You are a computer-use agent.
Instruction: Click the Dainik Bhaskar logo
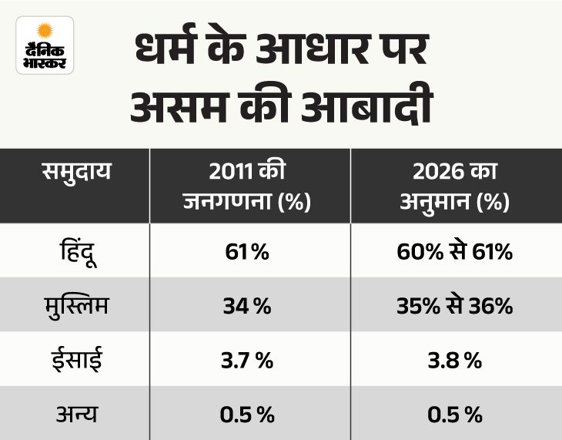click(x=45, y=45)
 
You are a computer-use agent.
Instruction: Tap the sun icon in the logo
click(x=45, y=32)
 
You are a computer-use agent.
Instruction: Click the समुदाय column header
click(x=76, y=170)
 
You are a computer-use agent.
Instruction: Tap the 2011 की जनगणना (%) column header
click(x=246, y=186)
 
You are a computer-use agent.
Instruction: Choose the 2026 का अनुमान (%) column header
click(x=457, y=186)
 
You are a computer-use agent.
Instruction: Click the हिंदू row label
click(x=77, y=252)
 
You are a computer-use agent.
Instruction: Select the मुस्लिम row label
click(x=77, y=306)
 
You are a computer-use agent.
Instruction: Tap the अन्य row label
click(x=77, y=415)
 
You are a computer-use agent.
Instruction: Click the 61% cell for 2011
click(x=246, y=252)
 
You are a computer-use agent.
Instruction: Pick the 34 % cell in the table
click(x=246, y=307)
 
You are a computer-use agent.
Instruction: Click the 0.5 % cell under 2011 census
click(x=246, y=415)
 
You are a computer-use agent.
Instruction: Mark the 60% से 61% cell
click(x=457, y=252)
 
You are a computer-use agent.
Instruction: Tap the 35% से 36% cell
click(x=457, y=307)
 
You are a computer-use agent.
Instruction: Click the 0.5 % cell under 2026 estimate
click(x=457, y=415)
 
